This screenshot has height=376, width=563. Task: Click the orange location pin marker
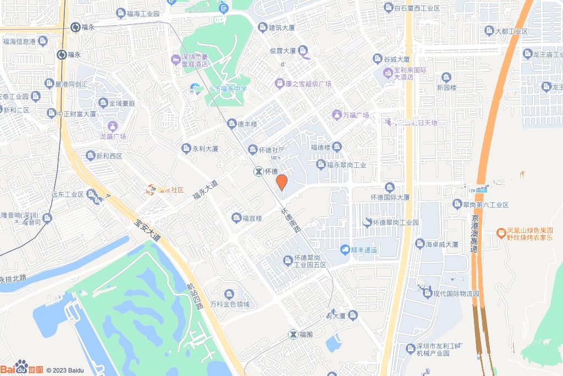[x=281, y=182]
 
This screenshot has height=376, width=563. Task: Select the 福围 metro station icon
[x=294, y=334]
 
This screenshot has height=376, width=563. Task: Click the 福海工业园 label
[x=142, y=13]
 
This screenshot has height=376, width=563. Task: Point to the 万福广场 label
[x=355, y=116]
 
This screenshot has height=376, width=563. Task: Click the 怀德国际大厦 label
[x=390, y=197]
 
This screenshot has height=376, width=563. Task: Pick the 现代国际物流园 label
[x=456, y=293]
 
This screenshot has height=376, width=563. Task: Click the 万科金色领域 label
[x=229, y=304]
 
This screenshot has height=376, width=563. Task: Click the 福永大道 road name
[x=205, y=190]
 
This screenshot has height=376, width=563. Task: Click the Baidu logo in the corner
[x=22, y=368]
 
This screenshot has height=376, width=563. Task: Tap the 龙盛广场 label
[x=113, y=136]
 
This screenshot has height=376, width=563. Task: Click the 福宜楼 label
[x=252, y=218]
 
